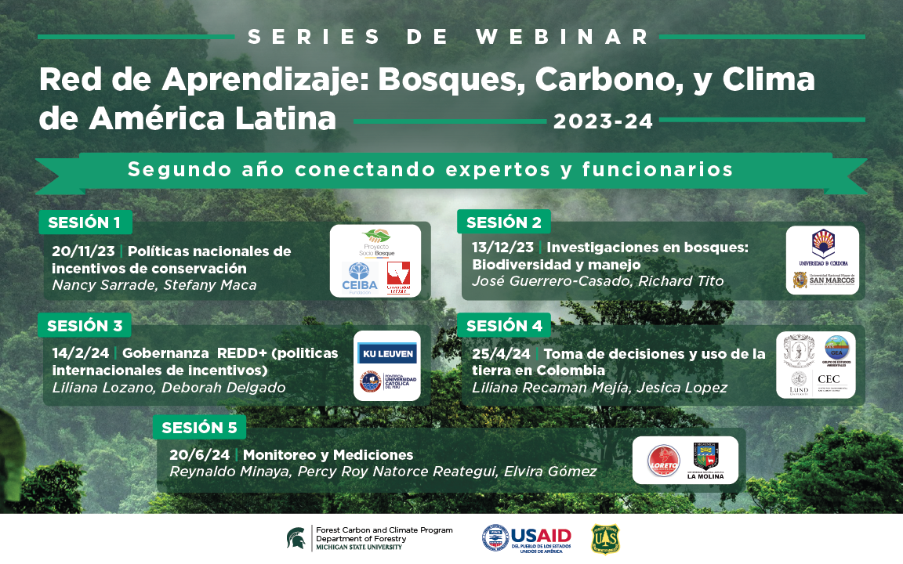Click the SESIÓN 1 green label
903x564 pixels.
(x=85, y=222)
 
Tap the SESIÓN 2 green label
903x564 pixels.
(x=503, y=222)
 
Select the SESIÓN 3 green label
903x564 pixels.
(x=85, y=325)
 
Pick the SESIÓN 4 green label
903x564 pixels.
(x=503, y=325)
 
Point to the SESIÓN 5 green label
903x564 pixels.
(x=198, y=428)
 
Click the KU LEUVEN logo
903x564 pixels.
(x=387, y=353)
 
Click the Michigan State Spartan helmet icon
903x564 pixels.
(x=297, y=539)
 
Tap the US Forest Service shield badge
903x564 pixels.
(x=605, y=539)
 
